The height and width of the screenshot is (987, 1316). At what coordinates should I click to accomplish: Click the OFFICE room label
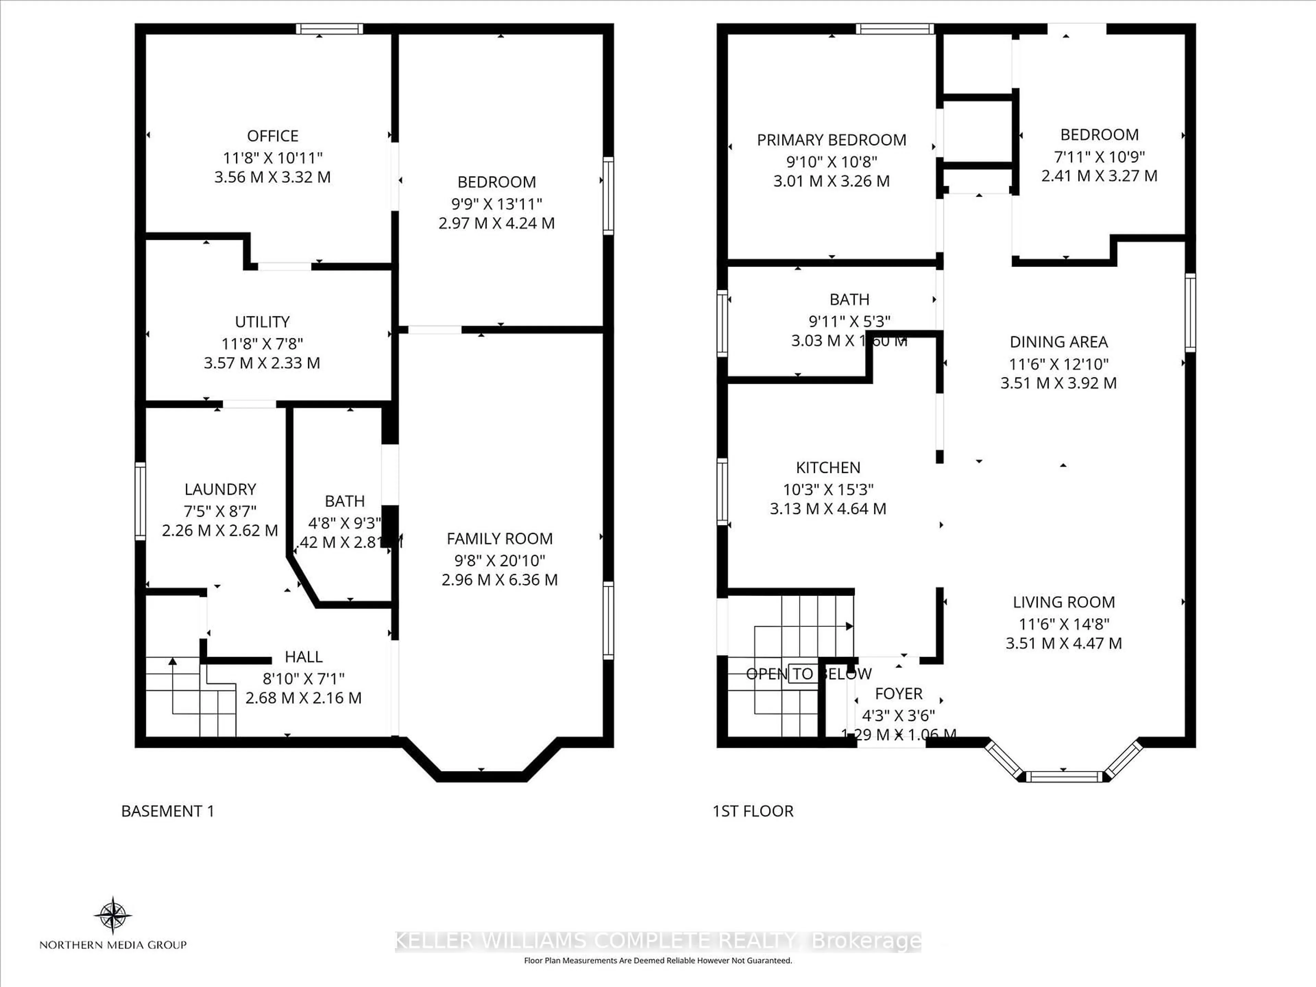pyautogui.click(x=272, y=136)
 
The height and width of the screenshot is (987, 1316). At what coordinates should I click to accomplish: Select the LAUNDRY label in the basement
pyautogui.click(x=220, y=489)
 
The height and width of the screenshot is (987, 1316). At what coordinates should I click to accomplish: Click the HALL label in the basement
pyautogui.click(x=303, y=657)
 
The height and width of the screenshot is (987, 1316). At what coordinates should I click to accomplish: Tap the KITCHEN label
pyautogui.click(x=828, y=467)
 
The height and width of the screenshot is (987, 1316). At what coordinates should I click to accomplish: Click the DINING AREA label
pyautogui.click(x=1058, y=342)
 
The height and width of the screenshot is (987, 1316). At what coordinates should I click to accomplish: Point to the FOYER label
pyautogui.click(x=898, y=694)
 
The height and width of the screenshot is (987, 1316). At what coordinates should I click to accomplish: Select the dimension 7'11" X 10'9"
pyautogui.click(x=1099, y=157)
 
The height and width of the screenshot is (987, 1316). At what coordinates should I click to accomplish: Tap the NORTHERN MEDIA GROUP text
pyautogui.click(x=113, y=945)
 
